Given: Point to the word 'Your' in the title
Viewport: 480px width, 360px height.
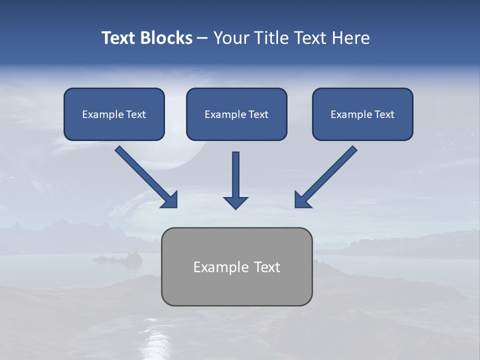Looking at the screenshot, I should (x=231, y=38).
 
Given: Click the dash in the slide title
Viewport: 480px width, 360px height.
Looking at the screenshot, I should (x=202, y=38).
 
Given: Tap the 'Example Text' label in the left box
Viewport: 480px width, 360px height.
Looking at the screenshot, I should (x=114, y=114).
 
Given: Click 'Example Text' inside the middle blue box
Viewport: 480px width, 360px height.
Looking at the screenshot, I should (x=236, y=114).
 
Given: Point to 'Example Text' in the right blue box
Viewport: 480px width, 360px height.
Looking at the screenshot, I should (x=362, y=114).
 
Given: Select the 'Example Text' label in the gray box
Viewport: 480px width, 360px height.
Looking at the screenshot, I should (x=236, y=267).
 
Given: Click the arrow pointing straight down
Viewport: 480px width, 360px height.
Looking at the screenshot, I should (x=235, y=177).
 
